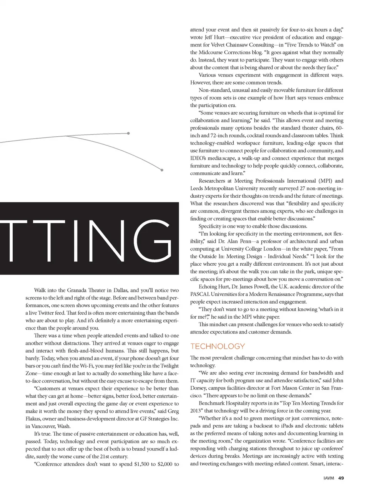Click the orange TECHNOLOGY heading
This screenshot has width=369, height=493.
click(218, 346)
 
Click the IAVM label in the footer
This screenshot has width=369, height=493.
click(329, 478)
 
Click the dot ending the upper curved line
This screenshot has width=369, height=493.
click(128, 133)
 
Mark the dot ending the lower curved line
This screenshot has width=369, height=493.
click(162, 170)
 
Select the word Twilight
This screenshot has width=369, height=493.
click(168, 366)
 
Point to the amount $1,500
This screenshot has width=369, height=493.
click(141, 464)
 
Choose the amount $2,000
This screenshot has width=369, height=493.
click(166, 464)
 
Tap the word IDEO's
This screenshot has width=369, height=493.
click(199, 158)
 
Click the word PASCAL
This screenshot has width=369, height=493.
click(199, 294)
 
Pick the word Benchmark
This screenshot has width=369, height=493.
click(214, 403)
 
